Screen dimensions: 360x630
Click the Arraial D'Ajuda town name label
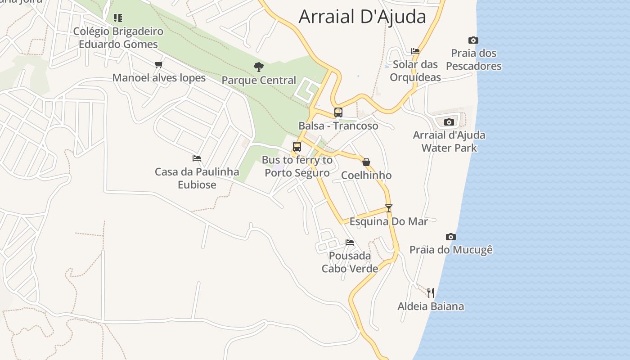pos(362,17)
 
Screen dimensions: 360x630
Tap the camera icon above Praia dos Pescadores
pos(473,40)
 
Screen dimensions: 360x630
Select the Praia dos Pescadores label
pos(474,59)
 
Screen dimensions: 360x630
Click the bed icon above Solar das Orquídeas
pos(415,51)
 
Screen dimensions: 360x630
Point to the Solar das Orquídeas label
pos(415,71)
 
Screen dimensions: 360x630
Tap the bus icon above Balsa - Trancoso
pos(338,112)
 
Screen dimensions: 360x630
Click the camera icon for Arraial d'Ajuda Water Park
pos(449,122)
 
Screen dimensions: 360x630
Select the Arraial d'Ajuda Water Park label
pos(449,141)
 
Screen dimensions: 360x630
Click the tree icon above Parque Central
pos(259,67)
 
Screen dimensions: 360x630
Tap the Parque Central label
pos(259,81)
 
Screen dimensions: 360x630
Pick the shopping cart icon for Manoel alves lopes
pos(158,65)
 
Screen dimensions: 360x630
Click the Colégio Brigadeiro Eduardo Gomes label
pos(118,38)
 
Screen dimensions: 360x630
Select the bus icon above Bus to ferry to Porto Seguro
pos(297,146)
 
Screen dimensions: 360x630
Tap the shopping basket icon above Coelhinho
pos(366,162)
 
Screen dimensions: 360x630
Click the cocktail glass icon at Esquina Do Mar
pos(389,208)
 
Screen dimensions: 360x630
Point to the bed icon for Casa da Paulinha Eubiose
pos(197,158)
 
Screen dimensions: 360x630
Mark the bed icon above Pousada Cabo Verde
pos(350,243)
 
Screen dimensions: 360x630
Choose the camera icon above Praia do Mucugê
pos(451,237)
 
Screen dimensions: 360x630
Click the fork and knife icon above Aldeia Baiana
pos(431,293)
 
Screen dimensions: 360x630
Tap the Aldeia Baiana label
pos(431,306)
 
